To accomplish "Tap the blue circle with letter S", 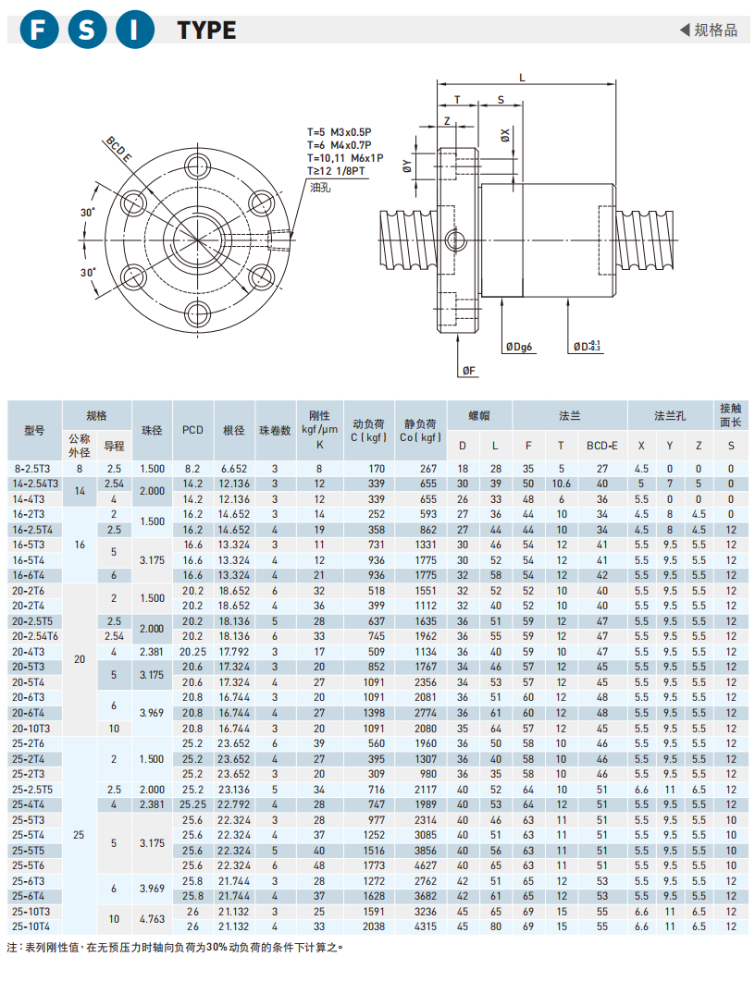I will (86, 30).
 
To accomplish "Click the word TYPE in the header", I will (206, 31).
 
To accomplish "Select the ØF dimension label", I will (468, 371).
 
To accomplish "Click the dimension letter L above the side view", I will (523, 79).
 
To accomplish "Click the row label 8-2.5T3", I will (34, 469).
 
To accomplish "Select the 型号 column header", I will (34, 430).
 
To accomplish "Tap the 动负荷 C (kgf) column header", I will (367, 430).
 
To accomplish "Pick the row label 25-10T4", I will (34, 926).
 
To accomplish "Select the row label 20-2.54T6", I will (35, 636).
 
